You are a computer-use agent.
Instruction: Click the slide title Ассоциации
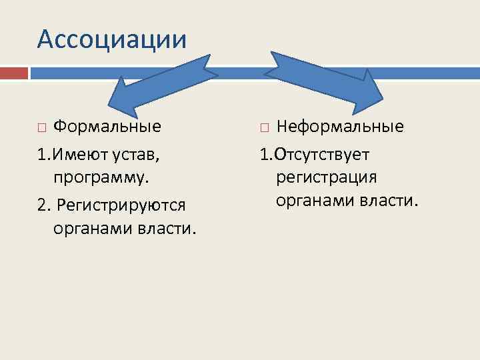[x=112, y=39]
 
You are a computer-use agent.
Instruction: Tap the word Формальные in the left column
[x=107, y=127]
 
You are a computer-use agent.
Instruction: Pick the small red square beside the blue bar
[x=13, y=72]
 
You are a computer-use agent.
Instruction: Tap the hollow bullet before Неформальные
[x=265, y=127]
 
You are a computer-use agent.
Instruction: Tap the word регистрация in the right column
[x=326, y=177]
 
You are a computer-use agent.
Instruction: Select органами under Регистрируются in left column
[x=91, y=229]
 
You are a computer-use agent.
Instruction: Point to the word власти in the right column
[x=387, y=200]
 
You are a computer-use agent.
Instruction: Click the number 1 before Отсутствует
[x=264, y=155]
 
